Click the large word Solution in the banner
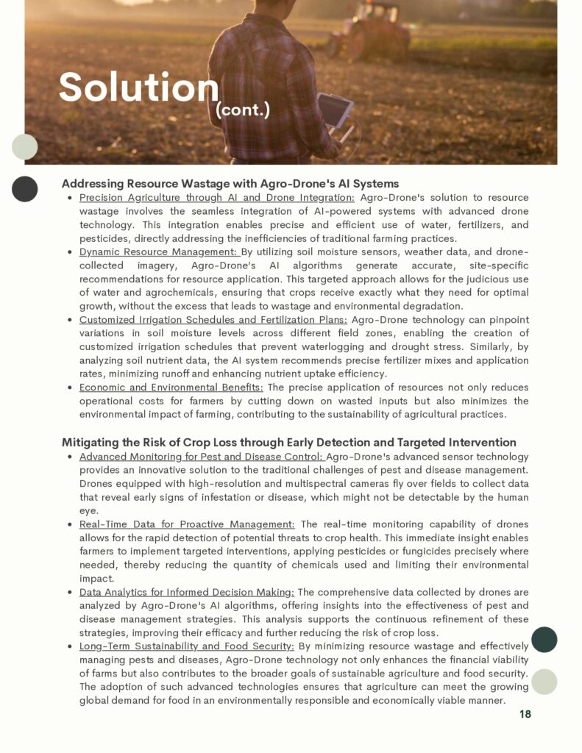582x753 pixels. pos(138,88)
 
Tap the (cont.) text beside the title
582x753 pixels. pos(243,110)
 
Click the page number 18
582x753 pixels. pos(525,714)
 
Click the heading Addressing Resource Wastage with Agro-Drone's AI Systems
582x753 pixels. pos(230,183)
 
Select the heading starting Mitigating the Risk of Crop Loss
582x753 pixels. pos(288,442)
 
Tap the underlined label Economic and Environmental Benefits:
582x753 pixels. pos(171,387)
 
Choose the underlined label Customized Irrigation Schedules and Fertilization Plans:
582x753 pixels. pos(213,320)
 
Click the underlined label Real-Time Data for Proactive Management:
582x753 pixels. pos(187,524)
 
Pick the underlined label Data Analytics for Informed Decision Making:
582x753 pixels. pos(186,592)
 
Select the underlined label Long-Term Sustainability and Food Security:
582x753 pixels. pos(186,646)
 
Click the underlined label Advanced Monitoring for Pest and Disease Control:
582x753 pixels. pos(200,457)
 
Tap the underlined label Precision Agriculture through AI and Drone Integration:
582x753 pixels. pos(216,198)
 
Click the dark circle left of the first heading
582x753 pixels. pos(25,189)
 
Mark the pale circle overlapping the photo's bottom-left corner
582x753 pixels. pos(25,147)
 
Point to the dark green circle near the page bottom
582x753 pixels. pos(544,639)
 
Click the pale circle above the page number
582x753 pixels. pos(544,682)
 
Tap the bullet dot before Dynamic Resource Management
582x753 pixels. pos(68,253)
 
